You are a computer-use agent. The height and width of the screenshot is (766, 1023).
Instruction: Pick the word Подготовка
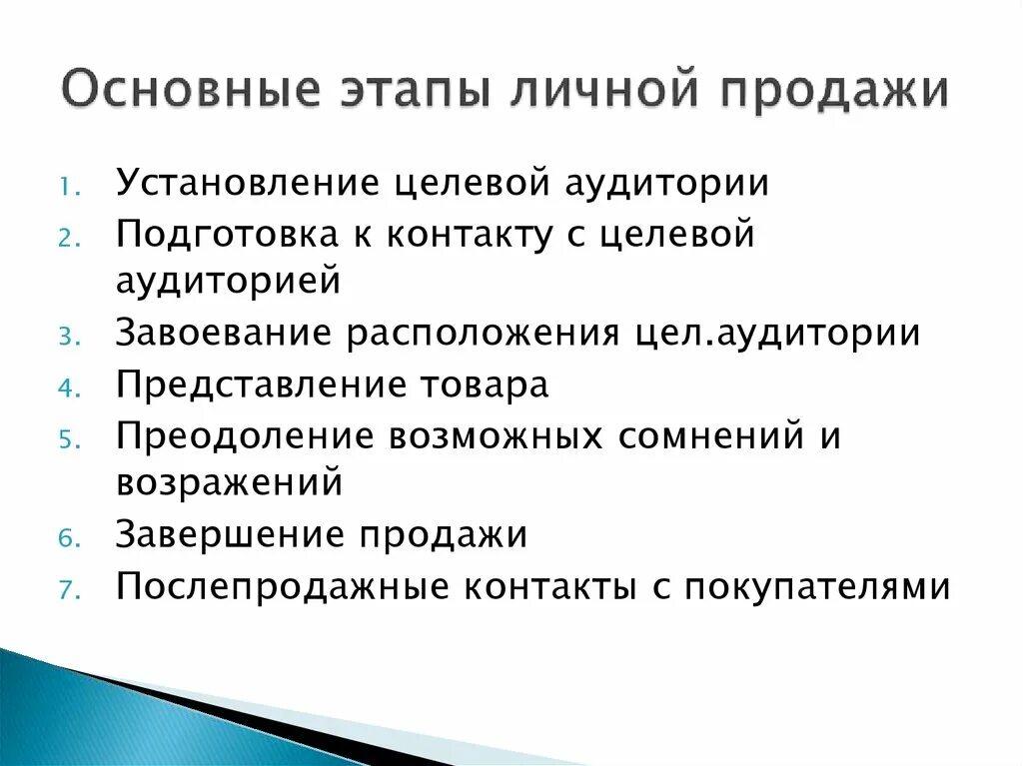click(x=240, y=234)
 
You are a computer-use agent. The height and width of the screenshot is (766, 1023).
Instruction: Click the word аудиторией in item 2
click(x=229, y=281)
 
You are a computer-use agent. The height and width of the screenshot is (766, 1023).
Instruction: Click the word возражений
click(x=230, y=483)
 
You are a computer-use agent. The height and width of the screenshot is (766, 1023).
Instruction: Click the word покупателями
click(x=817, y=586)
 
